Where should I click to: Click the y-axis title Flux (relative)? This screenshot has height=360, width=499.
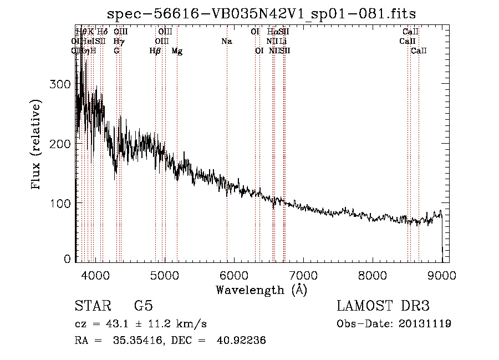37,145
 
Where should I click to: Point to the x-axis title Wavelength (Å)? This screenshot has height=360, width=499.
261,290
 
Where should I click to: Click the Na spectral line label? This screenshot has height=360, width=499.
226,42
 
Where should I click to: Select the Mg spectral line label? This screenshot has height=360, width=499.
177,51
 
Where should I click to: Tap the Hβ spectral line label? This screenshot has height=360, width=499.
155,51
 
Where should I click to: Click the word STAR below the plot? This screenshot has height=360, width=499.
92,306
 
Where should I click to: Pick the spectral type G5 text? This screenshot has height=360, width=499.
143,306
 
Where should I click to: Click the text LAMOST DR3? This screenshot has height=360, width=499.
383,306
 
